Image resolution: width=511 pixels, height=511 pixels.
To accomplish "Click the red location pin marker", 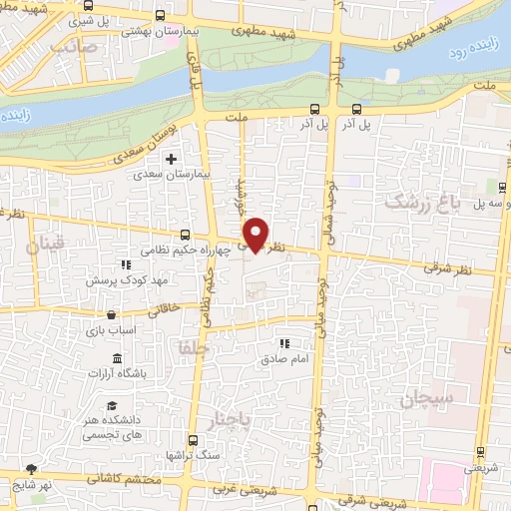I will tap(256, 234).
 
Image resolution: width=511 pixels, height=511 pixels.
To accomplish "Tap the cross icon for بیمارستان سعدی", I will tap(171, 159).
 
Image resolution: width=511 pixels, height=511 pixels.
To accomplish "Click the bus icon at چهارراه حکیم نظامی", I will tap(184, 236).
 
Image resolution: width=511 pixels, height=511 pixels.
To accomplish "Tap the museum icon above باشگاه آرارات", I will tap(118, 357).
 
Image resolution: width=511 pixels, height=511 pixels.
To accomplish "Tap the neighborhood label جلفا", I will tap(186, 349).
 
